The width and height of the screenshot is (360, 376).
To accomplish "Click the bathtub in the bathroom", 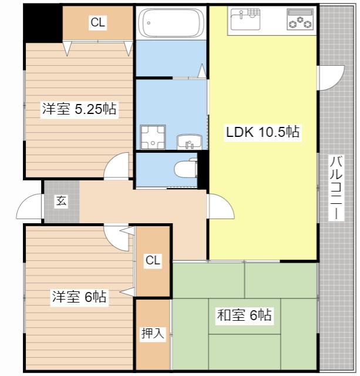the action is coord(171,23).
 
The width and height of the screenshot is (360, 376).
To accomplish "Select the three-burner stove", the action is coord(300,19).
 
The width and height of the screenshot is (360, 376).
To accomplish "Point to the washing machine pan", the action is coord(153,137).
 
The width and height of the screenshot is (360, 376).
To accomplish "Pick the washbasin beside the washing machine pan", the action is coord(189,142).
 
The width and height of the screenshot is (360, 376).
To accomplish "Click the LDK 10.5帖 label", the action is coord(263,132).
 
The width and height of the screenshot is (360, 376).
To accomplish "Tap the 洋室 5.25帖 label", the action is coord(79,109).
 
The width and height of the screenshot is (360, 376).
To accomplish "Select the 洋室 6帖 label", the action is coord(79,297).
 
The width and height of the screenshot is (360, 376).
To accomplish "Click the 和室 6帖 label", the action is coord(244,315).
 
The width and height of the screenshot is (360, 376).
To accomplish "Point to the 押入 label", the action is coord(153,333).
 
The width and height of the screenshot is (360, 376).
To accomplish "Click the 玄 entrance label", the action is coord(61,201).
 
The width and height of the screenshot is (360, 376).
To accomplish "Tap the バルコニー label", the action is coord(336,188).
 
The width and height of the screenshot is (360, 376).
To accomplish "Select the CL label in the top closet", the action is coord(98,22).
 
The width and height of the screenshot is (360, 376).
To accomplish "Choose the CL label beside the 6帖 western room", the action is coord(153,260).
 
